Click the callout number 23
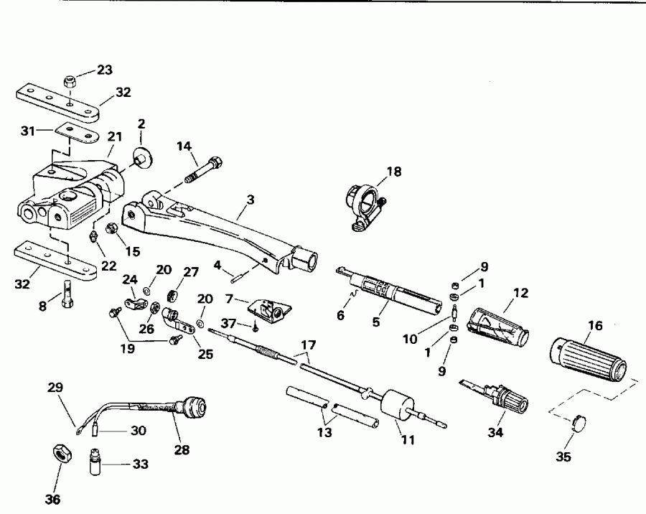click(x=105, y=70)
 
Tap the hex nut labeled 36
click(x=59, y=454)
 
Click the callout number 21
click(x=115, y=136)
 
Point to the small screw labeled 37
click(x=256, y=327)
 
